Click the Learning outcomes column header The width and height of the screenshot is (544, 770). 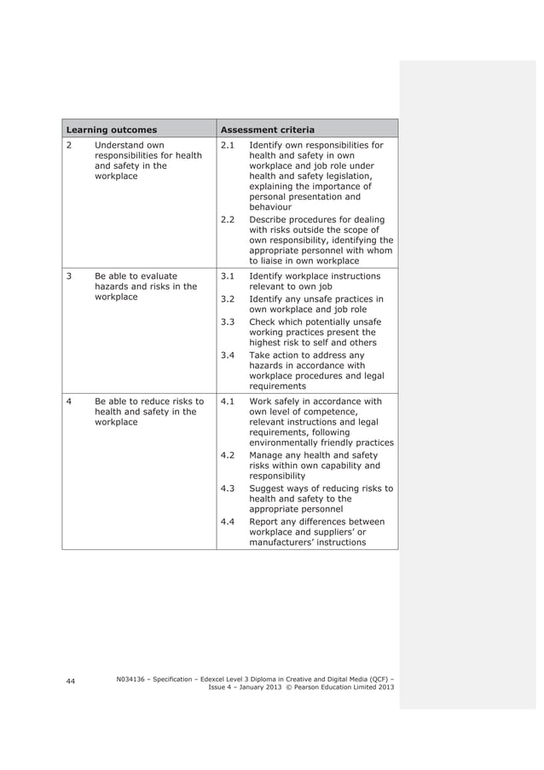112,130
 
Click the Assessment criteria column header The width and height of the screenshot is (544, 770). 267,130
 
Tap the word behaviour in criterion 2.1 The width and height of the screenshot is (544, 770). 270,206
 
